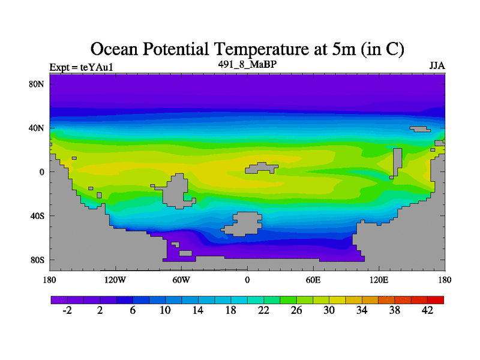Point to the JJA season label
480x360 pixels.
437,65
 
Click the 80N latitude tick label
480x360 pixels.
37,84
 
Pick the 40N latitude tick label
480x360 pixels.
37,128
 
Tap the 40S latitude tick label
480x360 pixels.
37,215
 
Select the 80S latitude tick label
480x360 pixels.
37,260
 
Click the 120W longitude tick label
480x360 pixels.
115,280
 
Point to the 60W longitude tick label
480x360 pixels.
181,280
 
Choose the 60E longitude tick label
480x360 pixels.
313,280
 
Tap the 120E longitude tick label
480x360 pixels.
379,280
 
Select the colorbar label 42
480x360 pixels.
428,310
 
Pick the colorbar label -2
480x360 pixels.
67,310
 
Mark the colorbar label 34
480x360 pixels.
362,310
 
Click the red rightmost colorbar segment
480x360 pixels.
436,299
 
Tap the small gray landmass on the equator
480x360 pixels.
262,168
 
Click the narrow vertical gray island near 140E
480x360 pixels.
397,162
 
